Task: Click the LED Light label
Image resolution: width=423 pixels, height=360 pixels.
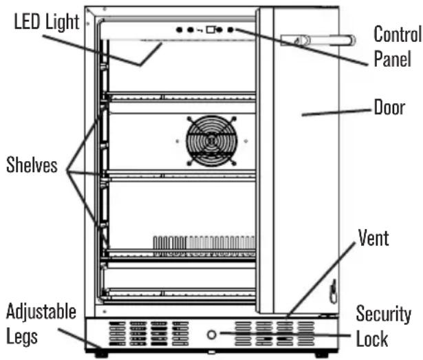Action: [47, 21]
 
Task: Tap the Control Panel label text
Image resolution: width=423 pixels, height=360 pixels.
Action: [397, 46]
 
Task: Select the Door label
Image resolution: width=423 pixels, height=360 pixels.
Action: [389, 107]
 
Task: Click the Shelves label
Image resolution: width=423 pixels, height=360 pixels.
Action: [32, 165]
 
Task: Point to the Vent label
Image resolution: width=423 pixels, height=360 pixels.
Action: [373, 237]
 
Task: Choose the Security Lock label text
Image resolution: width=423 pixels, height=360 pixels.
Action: [383, 326]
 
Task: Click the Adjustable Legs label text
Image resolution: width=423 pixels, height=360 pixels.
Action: [41, 324]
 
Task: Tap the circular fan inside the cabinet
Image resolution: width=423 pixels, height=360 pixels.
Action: [212, 140]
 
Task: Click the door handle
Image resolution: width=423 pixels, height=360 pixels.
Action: [318, 41]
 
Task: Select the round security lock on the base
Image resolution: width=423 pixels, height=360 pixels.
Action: [212, 335]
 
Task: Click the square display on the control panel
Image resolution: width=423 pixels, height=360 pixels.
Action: [210, 30]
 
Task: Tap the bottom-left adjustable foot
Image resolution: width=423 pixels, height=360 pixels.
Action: [101, 354]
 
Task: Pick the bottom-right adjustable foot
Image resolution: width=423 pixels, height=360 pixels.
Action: [322, 354]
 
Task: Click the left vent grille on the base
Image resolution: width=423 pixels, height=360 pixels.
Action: [149, 334]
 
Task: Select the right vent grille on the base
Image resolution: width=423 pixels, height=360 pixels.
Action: [274, 334]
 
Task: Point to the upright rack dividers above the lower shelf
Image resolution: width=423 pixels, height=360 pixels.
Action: [204, 242]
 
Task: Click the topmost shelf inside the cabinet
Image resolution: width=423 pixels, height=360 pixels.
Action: [180, 96]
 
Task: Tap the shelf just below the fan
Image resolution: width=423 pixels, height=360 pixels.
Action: [180, 176]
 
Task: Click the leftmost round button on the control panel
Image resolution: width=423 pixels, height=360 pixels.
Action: [179, 30]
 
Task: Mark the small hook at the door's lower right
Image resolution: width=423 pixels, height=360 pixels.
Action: [334, 291]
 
